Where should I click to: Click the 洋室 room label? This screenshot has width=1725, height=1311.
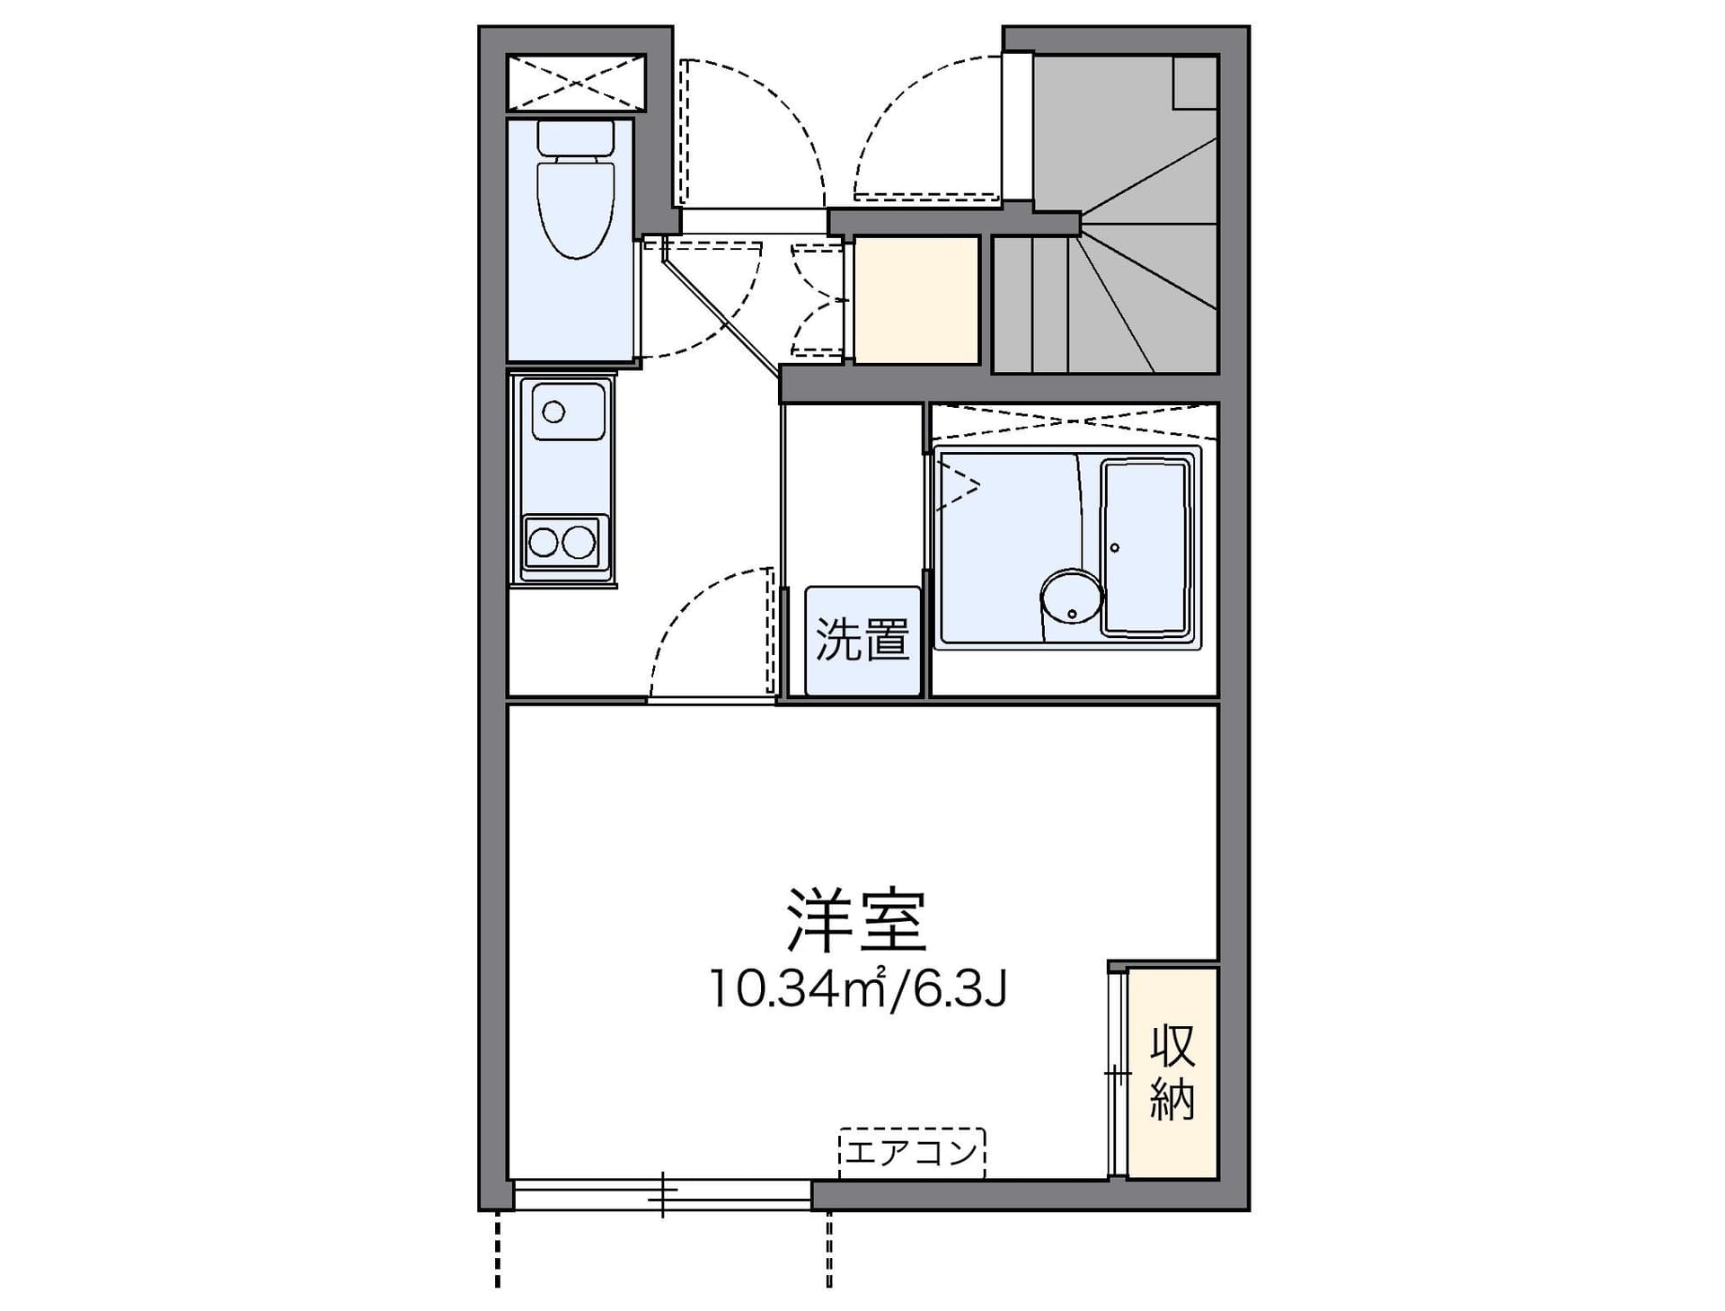(x=855, y=920)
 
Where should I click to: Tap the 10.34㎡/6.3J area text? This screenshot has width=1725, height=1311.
(x=858, y=988)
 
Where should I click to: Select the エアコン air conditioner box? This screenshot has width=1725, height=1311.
(x=912, y=1153)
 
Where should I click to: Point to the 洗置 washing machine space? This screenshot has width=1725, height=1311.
(x=862, y=641)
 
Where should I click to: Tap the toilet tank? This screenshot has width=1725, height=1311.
(x=576, y=137)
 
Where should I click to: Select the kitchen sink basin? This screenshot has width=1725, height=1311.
(x=568, y=412)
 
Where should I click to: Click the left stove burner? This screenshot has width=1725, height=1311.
(x=544, y=542)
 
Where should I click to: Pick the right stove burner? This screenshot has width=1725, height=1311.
(x=579, y=542)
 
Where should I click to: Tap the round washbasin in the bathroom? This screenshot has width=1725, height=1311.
(x=1072, y=597)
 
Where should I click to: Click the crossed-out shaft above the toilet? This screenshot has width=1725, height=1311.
(x=576, y=84)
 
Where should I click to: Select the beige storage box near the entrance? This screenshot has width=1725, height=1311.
(x=916, y=300)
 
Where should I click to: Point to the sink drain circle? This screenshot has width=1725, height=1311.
(x=553, y=412)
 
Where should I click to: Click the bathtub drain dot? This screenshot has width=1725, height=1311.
(x=1115, y=547)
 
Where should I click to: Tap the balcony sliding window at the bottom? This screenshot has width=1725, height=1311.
(x=663, y=1195)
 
